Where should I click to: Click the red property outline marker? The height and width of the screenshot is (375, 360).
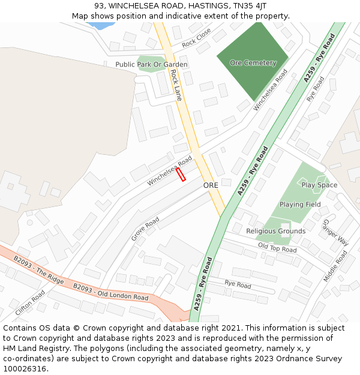click(181, 174)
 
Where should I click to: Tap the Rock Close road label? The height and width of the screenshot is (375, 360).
click(197, 37)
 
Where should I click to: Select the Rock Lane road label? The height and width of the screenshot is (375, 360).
click(176, 85)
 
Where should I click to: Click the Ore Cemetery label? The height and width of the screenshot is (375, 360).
click(253, 63)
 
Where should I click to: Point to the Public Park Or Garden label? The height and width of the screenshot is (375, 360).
click(151, 64)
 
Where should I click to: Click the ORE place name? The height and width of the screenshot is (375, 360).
click(211, 185)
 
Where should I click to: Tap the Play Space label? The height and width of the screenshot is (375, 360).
click(319, 185)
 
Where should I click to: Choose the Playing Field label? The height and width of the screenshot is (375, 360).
click(300, 204)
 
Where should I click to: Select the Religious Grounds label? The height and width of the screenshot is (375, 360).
click(275, 231)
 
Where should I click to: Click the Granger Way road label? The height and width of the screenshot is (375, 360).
click(335, 232)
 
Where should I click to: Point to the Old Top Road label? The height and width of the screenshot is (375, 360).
click(277, 248)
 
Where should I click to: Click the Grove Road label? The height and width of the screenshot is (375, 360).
click(145, 229)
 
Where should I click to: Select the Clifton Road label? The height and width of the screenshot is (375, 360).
click(30, 304)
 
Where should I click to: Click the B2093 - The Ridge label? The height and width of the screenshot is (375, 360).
click(38, 271)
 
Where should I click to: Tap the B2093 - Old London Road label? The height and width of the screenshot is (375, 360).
click(110, 292)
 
